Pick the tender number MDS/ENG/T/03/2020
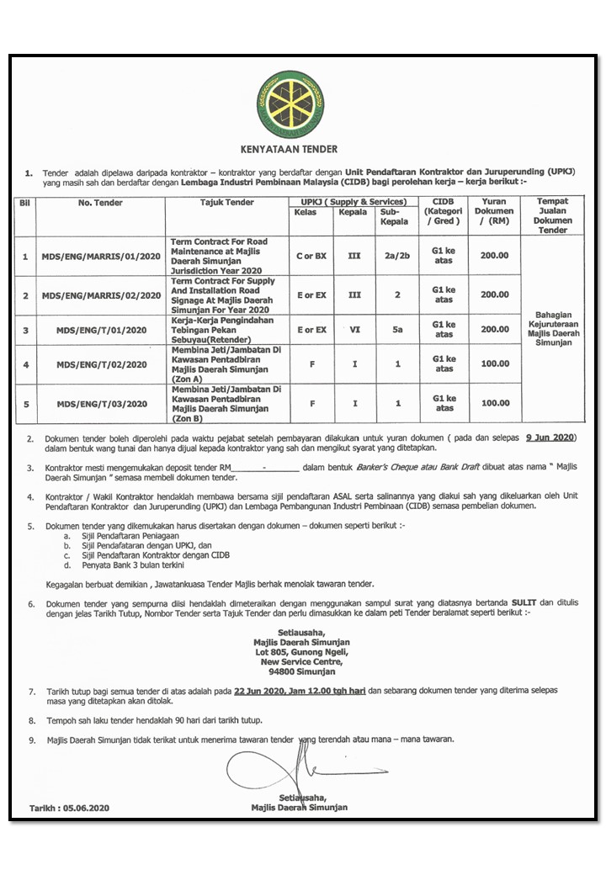pyautogui.click(x=100, y=405)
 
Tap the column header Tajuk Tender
pyautogui.click(x=227, y=203)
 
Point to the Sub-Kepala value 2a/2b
pyautogui.click(x=397, y=256)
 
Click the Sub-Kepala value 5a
pyautogui.click(x=397, y=331)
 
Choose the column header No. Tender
pyautogui.click(x=100, y=203)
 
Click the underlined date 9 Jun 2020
pyautogui.click(x=550, y=438)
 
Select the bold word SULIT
pyautogui.click(x=523, y=604)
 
